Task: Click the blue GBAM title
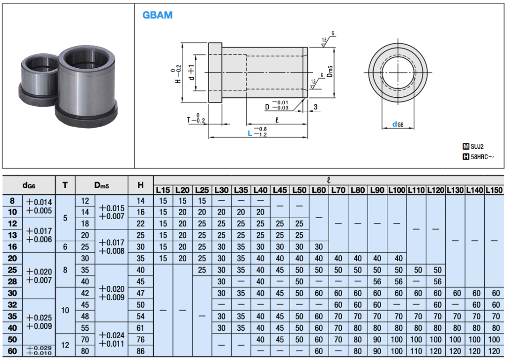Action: click(158, 15)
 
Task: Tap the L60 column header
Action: click(319, 190)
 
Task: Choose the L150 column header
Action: click(494, 190)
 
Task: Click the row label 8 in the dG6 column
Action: click(13, 201)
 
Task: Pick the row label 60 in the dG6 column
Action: click(13, 351)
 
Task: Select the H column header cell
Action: click(141, 185)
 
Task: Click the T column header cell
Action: click(65, 185)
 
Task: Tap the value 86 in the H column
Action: click(141, 351)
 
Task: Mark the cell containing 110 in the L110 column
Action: click(416, 351)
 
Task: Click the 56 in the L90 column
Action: click(377, 281)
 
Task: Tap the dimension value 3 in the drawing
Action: click(314, 107)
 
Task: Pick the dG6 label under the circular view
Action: click(398, 125)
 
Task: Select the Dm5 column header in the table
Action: click(102, 185)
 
